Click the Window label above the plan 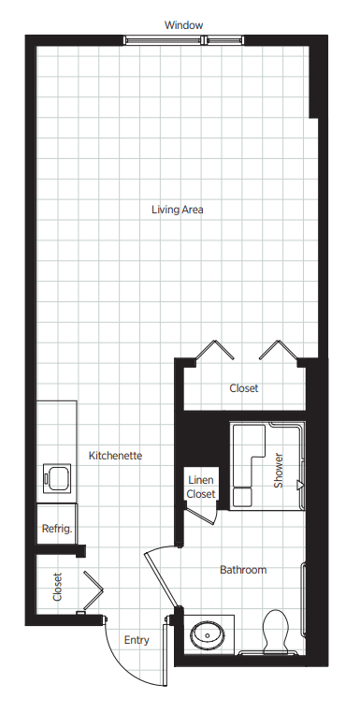183,25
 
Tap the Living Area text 178,210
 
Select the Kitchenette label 115,455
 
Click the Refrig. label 57,529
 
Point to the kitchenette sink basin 58,479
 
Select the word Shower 279,470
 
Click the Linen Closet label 201,487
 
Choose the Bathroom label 243,570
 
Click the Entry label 137,640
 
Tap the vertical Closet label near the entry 57,587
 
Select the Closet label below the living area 244,388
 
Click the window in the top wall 183,40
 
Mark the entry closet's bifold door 94,590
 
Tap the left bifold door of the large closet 214,350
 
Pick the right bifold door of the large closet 279,350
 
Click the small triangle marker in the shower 299,486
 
